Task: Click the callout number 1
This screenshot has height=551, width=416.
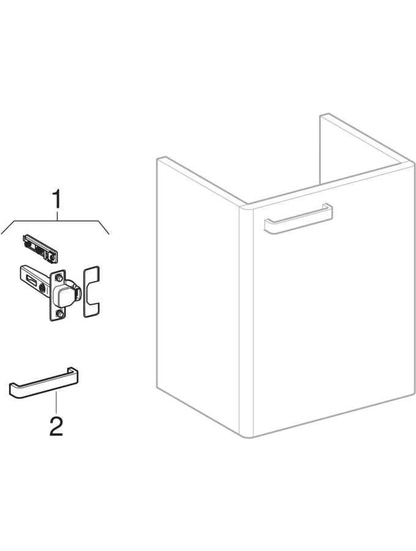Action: tap(56, 200)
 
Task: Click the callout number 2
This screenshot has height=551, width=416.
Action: tap(56, 426)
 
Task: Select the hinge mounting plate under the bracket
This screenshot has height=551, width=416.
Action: tap(40, 244)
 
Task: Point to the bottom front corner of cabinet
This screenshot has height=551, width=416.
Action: tap(248, 435)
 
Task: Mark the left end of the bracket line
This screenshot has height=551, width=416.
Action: tap(2, 232)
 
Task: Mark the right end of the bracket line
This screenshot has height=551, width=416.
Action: tap(109, 233)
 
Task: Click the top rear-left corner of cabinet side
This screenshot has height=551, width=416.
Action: tap(158, 159)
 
